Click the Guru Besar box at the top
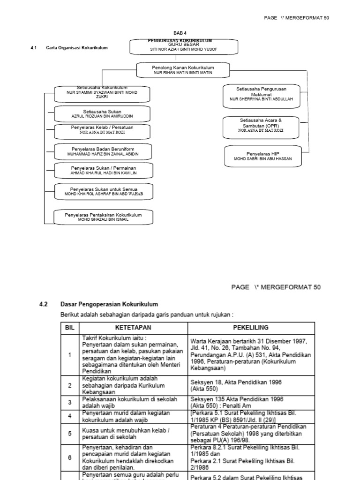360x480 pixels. point(184,47)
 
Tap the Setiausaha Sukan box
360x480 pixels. point(103,113)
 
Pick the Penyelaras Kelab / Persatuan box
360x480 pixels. point(103,131)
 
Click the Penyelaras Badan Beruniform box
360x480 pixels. point(103,151)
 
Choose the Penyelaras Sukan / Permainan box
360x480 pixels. point(103,170)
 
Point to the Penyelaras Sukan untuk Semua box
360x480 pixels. point(103,191)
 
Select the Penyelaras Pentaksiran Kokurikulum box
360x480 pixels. point(103,217)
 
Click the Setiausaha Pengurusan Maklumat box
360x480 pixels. point(261,94)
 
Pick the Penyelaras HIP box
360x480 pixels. point(262,156)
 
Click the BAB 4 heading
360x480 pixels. point(180,33)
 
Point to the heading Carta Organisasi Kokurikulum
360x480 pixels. point(77,48)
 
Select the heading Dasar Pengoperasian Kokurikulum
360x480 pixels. point(109,304)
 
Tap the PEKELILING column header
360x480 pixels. point(251,328)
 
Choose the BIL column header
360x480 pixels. point(70,328)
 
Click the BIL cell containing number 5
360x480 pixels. point(70,434)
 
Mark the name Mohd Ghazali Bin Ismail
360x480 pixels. point(103,219)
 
